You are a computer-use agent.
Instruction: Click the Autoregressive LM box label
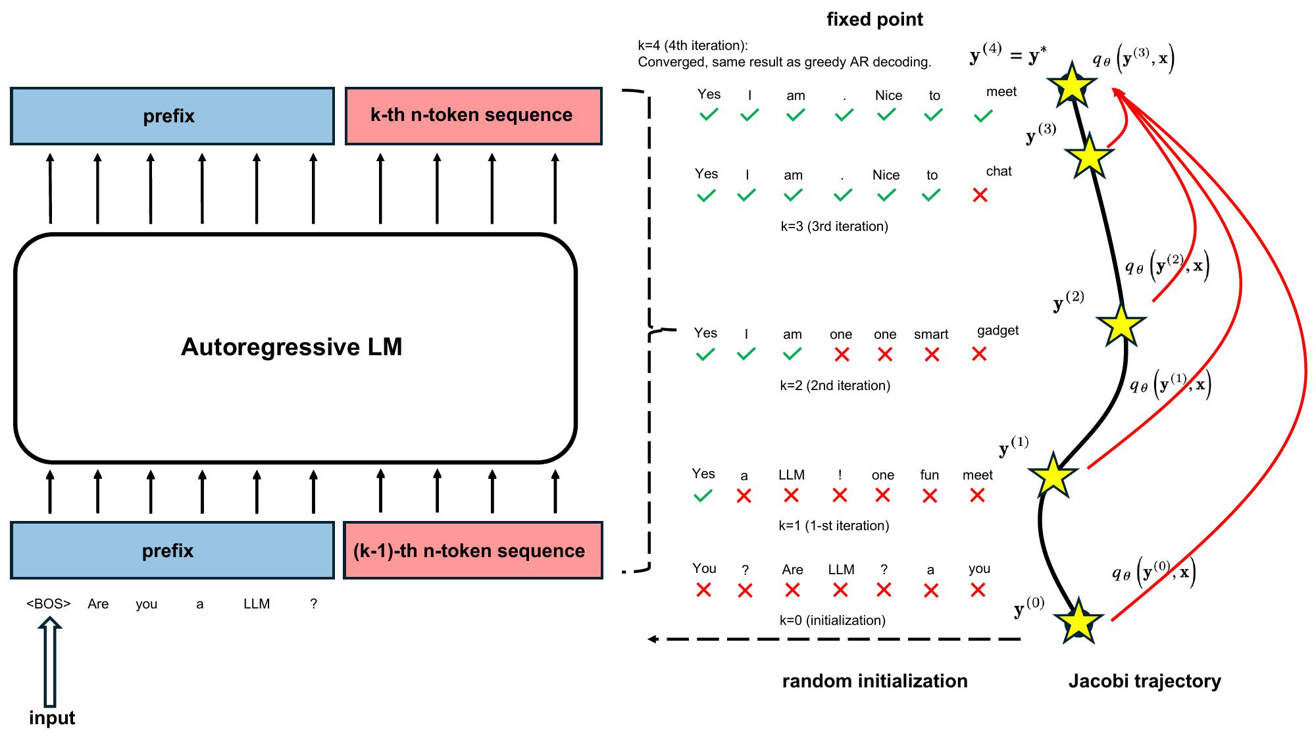291,347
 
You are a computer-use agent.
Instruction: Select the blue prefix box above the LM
172,116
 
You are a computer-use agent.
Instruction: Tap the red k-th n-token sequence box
473,116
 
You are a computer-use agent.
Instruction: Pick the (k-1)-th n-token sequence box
472,551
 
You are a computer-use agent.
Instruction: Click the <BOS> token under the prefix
48,603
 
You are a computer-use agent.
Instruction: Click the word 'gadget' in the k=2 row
998,330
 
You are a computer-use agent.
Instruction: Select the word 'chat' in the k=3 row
998,171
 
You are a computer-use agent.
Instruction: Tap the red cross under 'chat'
980,195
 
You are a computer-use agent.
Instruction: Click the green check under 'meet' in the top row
983,116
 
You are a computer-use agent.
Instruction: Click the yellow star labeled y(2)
1121,324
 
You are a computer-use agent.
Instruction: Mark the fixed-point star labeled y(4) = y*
1072,85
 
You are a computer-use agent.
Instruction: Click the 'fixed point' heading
874,19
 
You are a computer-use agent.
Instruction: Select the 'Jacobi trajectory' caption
1144,681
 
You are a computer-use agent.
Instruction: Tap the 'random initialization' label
874,681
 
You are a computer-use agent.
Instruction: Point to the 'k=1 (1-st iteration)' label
834,526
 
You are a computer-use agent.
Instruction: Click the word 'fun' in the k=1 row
929,475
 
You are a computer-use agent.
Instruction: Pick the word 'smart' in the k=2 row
931,334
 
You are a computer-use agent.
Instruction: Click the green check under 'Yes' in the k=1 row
703,496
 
